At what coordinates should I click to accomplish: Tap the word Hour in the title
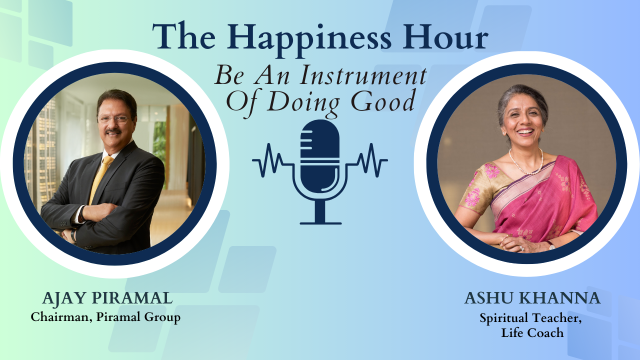click(x=445, y=37)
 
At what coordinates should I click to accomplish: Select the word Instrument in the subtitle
click(x=363, y=75)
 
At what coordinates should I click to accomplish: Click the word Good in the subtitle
click(x=383, y=101)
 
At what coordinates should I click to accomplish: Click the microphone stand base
click(x=320, y=223)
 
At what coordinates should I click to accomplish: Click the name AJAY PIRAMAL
click(x=107, y=298)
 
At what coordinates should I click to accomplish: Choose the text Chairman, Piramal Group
click(x=105, y=317)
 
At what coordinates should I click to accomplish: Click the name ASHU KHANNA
click(x=532, y=298)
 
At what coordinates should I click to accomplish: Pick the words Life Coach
click(x=532, y=333)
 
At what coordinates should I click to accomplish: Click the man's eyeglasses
click(x=113, y=119)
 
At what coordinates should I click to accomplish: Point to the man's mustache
click(x=113, y=131)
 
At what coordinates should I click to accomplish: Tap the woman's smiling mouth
click(x=525, y=132)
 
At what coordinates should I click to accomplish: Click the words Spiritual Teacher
click(x=530, y=318)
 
